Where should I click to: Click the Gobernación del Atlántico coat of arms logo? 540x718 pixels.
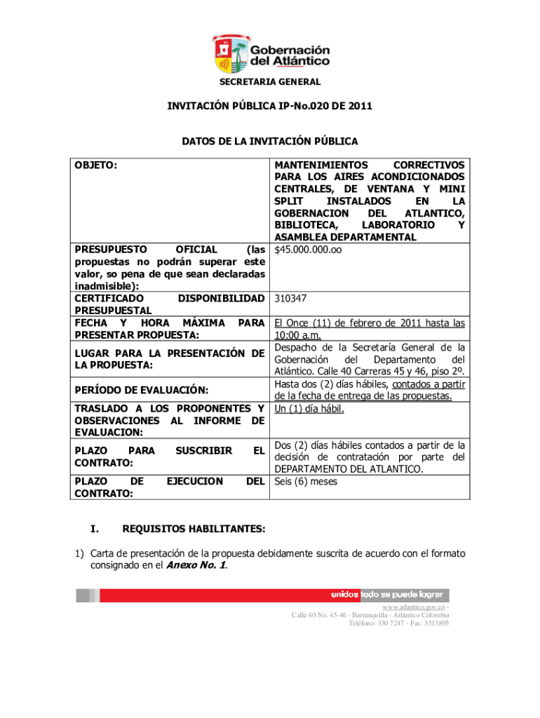(x=231, y=54)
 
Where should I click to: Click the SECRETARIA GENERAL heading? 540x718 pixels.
(x=270, y=82)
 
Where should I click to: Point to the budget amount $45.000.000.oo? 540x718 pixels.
(x=309, y=249)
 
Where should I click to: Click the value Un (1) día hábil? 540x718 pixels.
(x=309, y=408)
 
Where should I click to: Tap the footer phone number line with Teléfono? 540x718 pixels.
(x=398, y=623)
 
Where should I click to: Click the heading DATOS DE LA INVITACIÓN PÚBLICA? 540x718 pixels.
(x=270, y=142)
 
